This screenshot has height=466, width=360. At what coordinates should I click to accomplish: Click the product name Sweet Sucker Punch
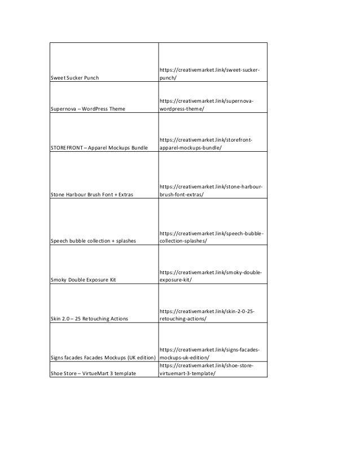pos(74,77)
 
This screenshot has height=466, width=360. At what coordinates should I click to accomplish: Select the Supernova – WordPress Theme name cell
pos(87,108)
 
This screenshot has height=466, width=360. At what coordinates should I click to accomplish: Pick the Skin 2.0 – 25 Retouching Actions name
pos(89,319)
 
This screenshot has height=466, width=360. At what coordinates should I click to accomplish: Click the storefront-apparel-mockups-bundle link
pos(205,143)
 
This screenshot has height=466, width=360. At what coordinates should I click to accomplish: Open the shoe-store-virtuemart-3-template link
pos(206,370)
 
